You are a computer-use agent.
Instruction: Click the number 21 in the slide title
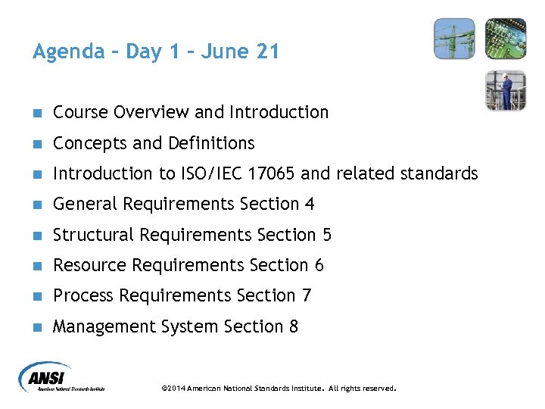[268, 52]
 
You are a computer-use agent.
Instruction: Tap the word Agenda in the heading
[69, 52]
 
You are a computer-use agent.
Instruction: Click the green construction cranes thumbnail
[454, 39]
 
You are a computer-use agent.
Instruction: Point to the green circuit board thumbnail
[505, 39]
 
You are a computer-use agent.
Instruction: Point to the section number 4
[310, 204]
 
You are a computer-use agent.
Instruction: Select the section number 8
[294, 326]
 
